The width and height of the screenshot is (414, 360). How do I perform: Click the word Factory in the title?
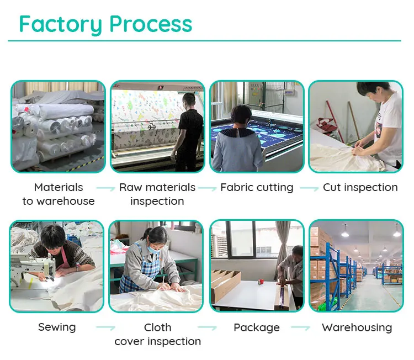pyautogui.click(x=61, y=24)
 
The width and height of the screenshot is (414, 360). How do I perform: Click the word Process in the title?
pyautogui.click(x=150, y=24)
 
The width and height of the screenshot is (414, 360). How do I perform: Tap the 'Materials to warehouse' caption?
pyautogui.click(x=59, y=194)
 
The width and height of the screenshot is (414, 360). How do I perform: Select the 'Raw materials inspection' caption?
pyautogui.click(x=157, y=194)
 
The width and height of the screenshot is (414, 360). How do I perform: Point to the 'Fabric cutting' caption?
pyautogui.click(x=257, y=188)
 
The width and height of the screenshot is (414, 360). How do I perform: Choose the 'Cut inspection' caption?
pyautogui.click(x=360, y=188)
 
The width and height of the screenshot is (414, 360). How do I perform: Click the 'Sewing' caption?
pyautogui.click(x=57, y=327)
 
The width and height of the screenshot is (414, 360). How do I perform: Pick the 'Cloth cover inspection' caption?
pyautogui.click(x=157, y=335)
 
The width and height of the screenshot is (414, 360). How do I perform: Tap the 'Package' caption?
pyautogui.click(x=257, y=327)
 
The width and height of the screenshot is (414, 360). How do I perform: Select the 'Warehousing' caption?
pyautogui.click(x=357, y=327)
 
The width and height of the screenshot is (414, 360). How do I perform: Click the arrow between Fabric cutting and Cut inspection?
pyautogui.click(x=309, y=189)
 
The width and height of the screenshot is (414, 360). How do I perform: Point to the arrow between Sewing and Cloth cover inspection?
pyautogui.click(x=105, y=329)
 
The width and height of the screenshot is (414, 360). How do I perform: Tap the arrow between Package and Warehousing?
pyautogui.click(x=301, y=329)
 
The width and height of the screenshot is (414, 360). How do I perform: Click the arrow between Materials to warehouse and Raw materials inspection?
pyautogui.click(x=105, y=189)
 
